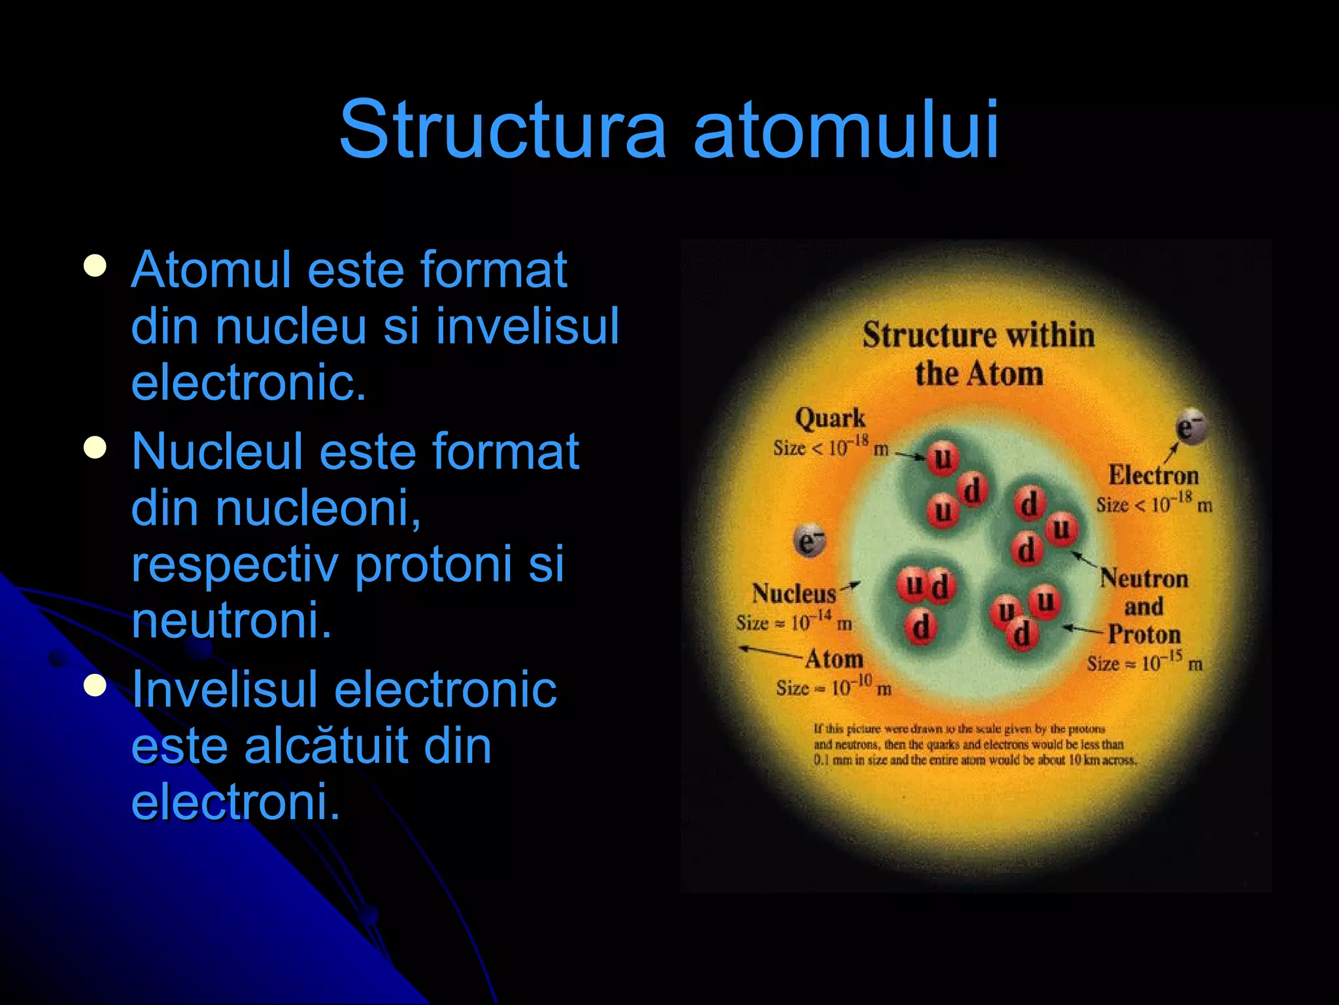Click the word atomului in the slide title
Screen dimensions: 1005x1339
pyautogui.click(x=846, y=129)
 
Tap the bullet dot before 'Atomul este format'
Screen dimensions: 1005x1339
pyautogui.click(x=95, y=266)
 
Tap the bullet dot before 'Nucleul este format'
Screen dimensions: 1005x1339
pyautogui.click(x=95, y=448)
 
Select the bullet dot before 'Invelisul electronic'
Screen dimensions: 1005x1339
pyautogui.click(x=95, y=686)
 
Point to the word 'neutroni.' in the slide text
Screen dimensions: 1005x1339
pyautogui.click(x=231, y=620)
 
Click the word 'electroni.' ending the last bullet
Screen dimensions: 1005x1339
pyautogui.click(x=235, y=802)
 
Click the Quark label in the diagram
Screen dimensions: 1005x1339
pyautogui.click(x=830, y=419)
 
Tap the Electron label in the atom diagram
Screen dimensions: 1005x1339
pyautogui.click(x=1153, y=476)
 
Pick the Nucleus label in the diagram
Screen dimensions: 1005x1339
pyautogui.click(x=794, y=593)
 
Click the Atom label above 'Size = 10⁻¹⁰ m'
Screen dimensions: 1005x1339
pyautogui.click(x=834, y=659)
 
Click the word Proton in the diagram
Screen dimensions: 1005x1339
pyautogui.click(x=1144, y=634)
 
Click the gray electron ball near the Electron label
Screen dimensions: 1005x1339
pyautogui.click(x=1191, y=428)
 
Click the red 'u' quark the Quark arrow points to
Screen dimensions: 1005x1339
pyautogui.click(x=942, y=458)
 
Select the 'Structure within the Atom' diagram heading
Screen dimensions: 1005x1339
pyautogui.click(x=978, y=354)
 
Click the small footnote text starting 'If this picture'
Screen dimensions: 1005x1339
pyautogui.click(x=974, y=745)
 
